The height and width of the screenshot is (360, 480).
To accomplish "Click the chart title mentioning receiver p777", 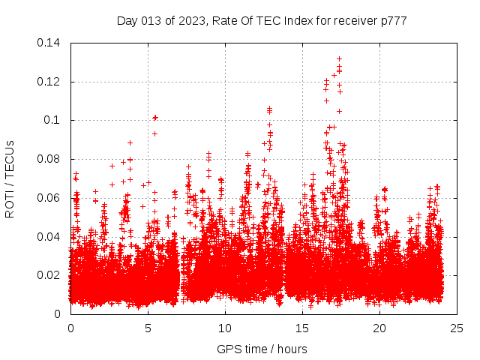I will (262, 20).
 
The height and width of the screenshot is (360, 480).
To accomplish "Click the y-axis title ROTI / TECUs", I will (10, 178).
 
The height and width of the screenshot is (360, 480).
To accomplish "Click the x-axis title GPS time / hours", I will (262, 349).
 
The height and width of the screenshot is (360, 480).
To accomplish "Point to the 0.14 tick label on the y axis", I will (51, 43).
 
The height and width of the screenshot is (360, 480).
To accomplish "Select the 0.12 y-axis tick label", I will (51, 82).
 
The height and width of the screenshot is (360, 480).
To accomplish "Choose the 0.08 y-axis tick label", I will (51, 159).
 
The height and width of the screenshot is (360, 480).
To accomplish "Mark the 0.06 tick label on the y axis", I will (51, 198).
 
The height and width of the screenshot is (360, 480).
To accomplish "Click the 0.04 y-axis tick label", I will (51, 237).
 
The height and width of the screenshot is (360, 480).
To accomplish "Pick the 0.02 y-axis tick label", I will (51, 275).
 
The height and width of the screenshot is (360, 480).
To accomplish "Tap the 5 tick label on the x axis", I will (148, 328).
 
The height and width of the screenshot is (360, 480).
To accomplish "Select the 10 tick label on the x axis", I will (225, 328).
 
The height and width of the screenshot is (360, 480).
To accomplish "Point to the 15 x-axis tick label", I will (302, 328).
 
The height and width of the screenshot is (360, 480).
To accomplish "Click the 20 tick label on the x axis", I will (379, 328).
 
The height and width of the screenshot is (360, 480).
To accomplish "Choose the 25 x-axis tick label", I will (457, 328).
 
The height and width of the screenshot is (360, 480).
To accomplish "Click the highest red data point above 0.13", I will (339, 58).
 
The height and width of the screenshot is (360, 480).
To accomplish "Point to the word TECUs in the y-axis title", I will (10, 157).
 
